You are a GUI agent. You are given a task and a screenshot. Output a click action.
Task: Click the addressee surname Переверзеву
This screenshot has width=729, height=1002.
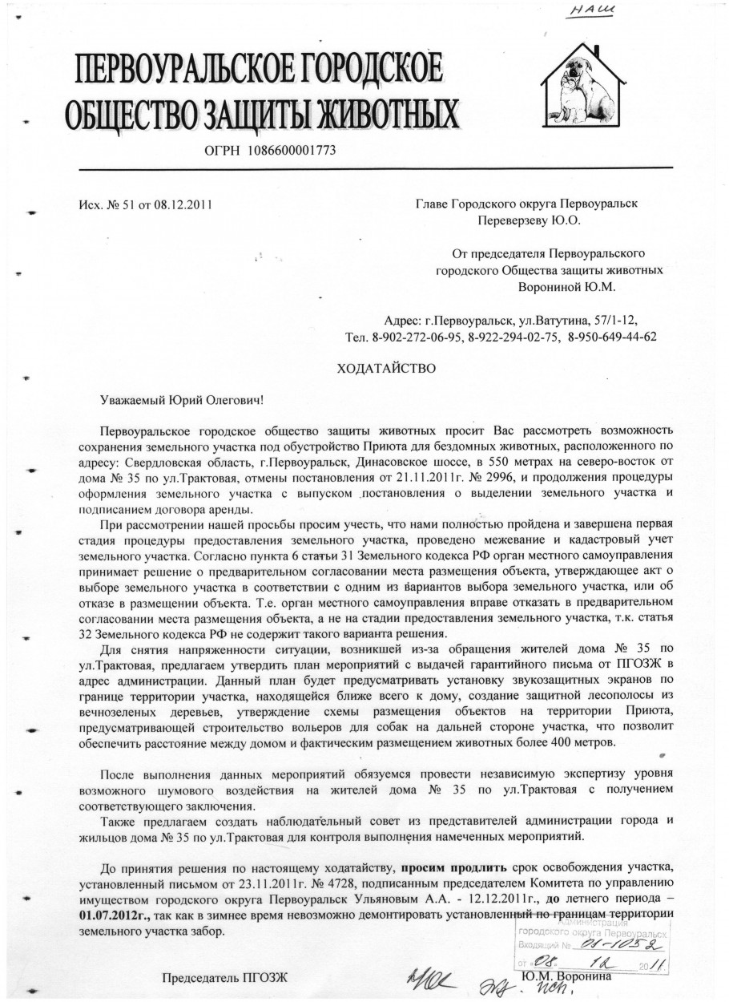514,220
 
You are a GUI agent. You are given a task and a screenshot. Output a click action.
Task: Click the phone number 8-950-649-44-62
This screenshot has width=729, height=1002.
612,337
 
